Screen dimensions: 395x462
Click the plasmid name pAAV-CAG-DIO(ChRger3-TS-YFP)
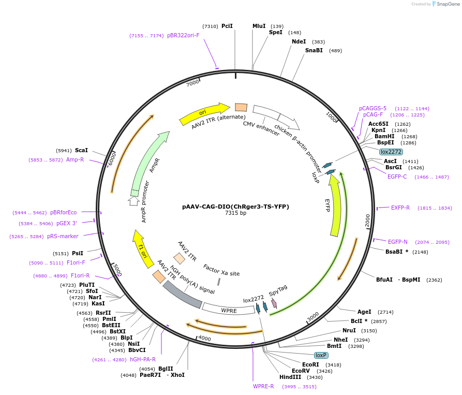click(235, 207)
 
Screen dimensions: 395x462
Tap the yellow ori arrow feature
click(204, 114)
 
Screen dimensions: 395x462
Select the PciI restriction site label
click(227, 26)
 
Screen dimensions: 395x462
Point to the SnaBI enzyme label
click(314, 51)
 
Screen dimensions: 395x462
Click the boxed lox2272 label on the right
click(391, 152)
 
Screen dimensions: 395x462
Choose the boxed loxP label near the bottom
click(321, 356)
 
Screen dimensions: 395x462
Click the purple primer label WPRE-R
click(263, 386)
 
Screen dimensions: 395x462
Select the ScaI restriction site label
click(82, 151)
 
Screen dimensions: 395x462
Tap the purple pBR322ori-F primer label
click(183, 36)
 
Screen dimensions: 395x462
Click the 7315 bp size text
click(235, 213)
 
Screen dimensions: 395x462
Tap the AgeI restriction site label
click(364, 312)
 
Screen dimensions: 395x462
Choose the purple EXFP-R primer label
click(400, 208)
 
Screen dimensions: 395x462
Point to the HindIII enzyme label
click(290, 377)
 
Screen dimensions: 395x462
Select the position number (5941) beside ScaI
click(64, 151)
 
